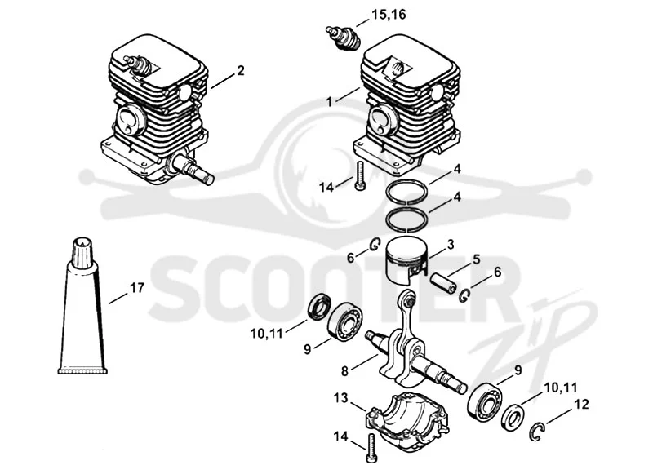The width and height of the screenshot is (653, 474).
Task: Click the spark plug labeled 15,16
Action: pos(343,38)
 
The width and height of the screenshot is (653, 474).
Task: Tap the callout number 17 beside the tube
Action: pos(137,287)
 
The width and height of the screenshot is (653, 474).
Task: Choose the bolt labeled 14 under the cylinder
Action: pos(360,176)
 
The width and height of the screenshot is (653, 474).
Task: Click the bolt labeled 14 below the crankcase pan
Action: pos(371,447)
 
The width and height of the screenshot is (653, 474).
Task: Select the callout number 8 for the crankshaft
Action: pos(344,370)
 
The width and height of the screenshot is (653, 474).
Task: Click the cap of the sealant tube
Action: pos(84,253)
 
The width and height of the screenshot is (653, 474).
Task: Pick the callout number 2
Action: pos(240,71)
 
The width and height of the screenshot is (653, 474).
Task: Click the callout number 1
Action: pos(330,101)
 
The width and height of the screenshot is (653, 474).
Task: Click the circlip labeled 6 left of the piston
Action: pos(375,245)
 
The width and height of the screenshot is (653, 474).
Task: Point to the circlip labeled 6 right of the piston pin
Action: pos(465,295)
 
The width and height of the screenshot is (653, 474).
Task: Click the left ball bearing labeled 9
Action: pos(344,322)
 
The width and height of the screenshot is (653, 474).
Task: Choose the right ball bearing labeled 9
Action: pos(484,401)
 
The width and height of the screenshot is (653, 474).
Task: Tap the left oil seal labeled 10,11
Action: pos(320,307)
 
